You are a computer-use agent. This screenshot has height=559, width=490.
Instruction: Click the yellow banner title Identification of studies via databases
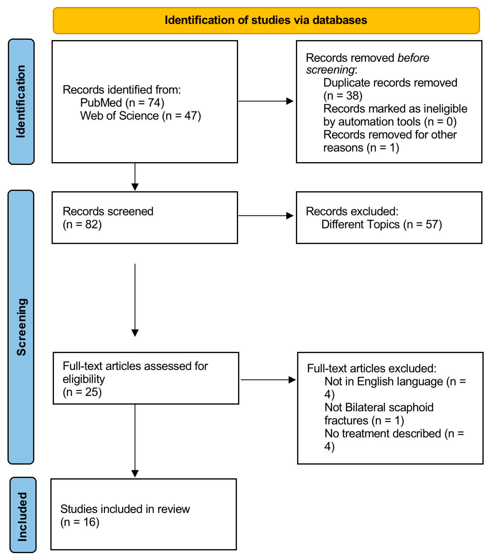tap(266, 20)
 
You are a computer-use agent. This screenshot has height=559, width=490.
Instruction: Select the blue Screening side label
tap(21, 327)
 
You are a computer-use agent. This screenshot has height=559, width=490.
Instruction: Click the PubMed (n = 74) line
tap(122, 103)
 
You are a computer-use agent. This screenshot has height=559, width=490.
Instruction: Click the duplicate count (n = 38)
tap(343, 96)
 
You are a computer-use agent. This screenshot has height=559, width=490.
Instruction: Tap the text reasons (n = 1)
tap(361, 148)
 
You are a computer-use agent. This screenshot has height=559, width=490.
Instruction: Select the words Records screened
tap(108, 211)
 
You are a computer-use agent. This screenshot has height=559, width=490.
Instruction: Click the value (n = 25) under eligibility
tap(82, 392)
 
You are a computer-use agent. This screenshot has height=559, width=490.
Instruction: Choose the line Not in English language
tap(383, 381)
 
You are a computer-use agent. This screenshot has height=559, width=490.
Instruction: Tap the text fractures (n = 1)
tap(364, 421)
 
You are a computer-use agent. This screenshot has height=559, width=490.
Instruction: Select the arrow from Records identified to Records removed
tap(266, 101)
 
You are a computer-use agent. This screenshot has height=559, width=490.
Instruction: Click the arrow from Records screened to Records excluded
tap(266, 216)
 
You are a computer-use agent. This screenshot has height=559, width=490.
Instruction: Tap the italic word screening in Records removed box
tap(330, 70)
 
